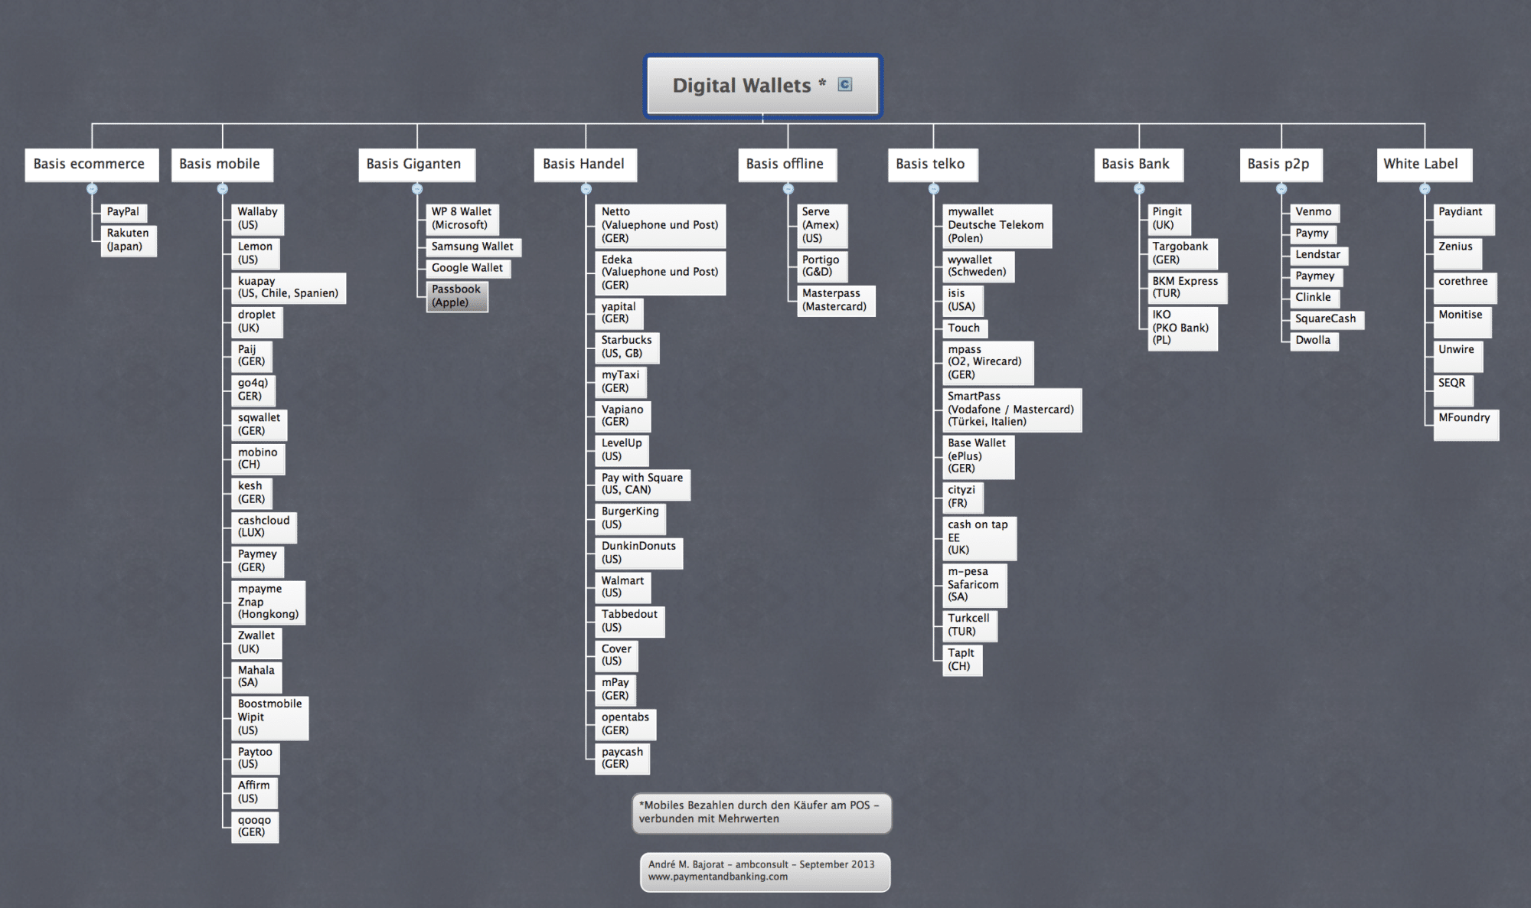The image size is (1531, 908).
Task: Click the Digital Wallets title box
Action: [x=763, y=86]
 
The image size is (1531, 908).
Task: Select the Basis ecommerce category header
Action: [x=92, y=165]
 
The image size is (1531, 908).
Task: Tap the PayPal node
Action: [x=123, y=212]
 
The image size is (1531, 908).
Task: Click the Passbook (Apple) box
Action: [x=457, y=296]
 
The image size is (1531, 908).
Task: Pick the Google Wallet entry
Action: [x=468, y=268]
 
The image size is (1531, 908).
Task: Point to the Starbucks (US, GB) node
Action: [x=627, y=348]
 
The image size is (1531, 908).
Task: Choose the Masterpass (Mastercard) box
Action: [x=835, y=300]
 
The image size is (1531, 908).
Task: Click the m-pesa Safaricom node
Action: [x=974, y=585]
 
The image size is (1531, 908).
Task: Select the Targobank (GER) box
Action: [x=1182, y=253]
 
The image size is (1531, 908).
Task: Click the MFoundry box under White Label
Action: [x=1466, y=424]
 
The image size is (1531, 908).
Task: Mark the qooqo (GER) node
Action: [x=255, y=827]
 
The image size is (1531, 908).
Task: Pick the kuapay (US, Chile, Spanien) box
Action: [x=289, y=288]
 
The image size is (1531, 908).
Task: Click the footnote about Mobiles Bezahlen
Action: [x=762, y=812]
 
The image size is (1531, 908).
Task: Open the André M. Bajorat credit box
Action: [x=765, y=871]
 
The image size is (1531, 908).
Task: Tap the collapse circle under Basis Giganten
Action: [x=417, y=189]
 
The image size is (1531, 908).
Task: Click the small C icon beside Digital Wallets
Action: [x=845, y=84]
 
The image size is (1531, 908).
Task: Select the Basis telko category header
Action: [x=933, y=165]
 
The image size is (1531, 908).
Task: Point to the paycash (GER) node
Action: [x=622, y=759]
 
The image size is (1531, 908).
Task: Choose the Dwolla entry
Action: [x=1314, y=341]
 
